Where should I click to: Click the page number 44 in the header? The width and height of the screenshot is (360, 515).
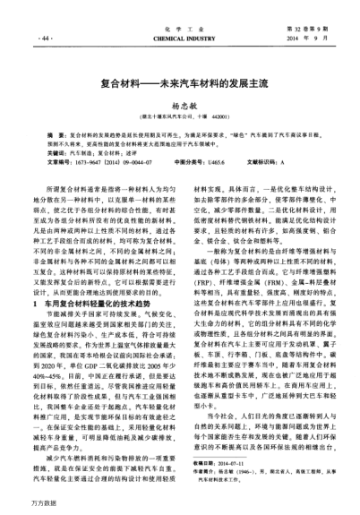tap(45, 40)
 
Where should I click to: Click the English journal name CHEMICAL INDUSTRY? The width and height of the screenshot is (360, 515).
tap(179, 40)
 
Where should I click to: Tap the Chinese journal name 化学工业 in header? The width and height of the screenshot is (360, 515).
tap(179, 30)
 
